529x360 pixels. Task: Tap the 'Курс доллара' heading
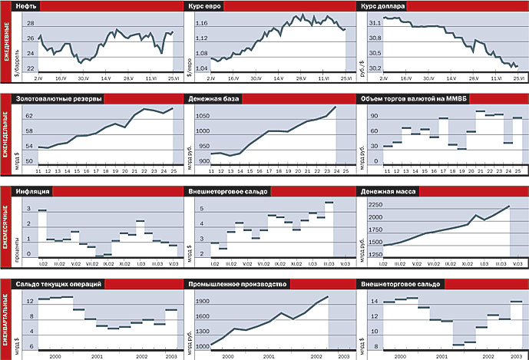385,6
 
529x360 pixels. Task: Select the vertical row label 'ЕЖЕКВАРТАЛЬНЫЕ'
6,316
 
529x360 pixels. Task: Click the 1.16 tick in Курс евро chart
201,23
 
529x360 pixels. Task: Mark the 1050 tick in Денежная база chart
200,116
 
